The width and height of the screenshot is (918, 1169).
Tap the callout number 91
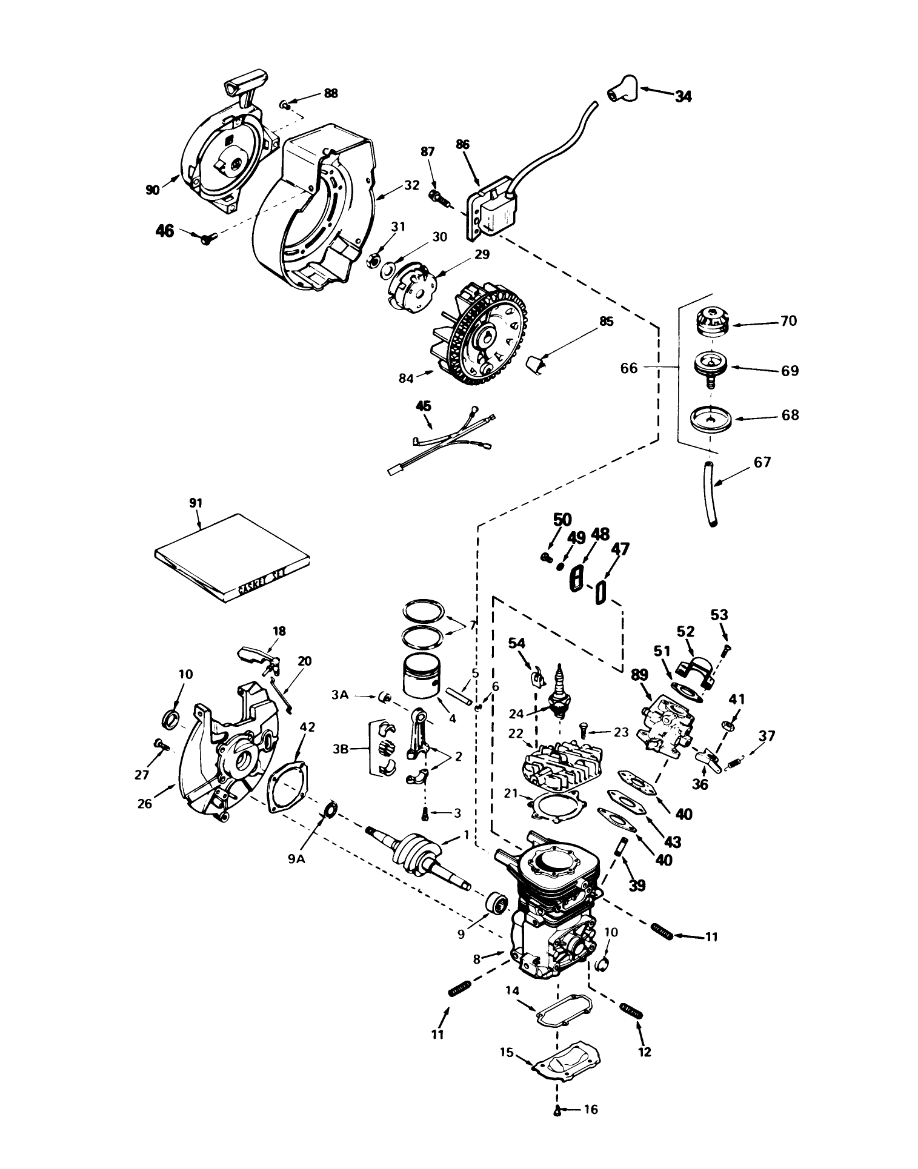click(196, 503)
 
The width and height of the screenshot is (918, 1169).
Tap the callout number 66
click(629, 368)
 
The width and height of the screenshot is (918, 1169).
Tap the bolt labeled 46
click(209, 239)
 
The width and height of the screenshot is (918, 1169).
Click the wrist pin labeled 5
click(458, 694)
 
